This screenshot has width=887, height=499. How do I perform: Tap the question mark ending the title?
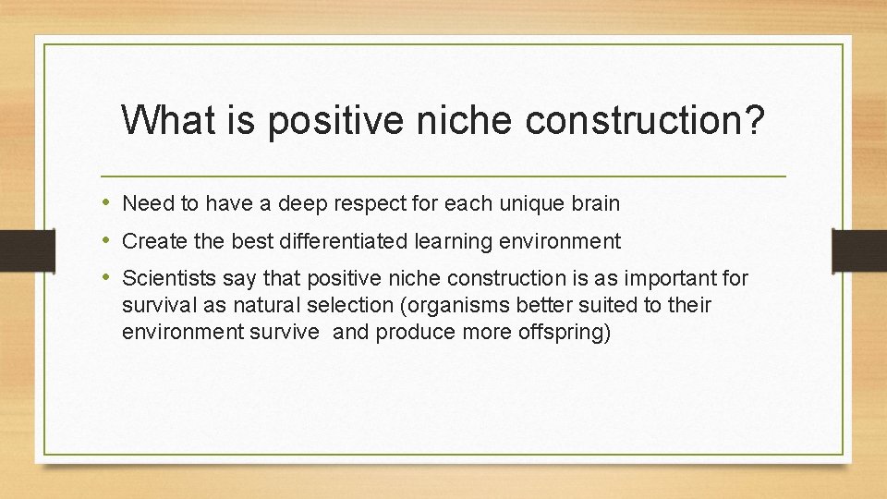tap(753, 121)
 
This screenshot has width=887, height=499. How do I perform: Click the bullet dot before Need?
tap(108, 202)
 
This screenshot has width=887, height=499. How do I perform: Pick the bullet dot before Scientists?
tap(108, 278)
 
